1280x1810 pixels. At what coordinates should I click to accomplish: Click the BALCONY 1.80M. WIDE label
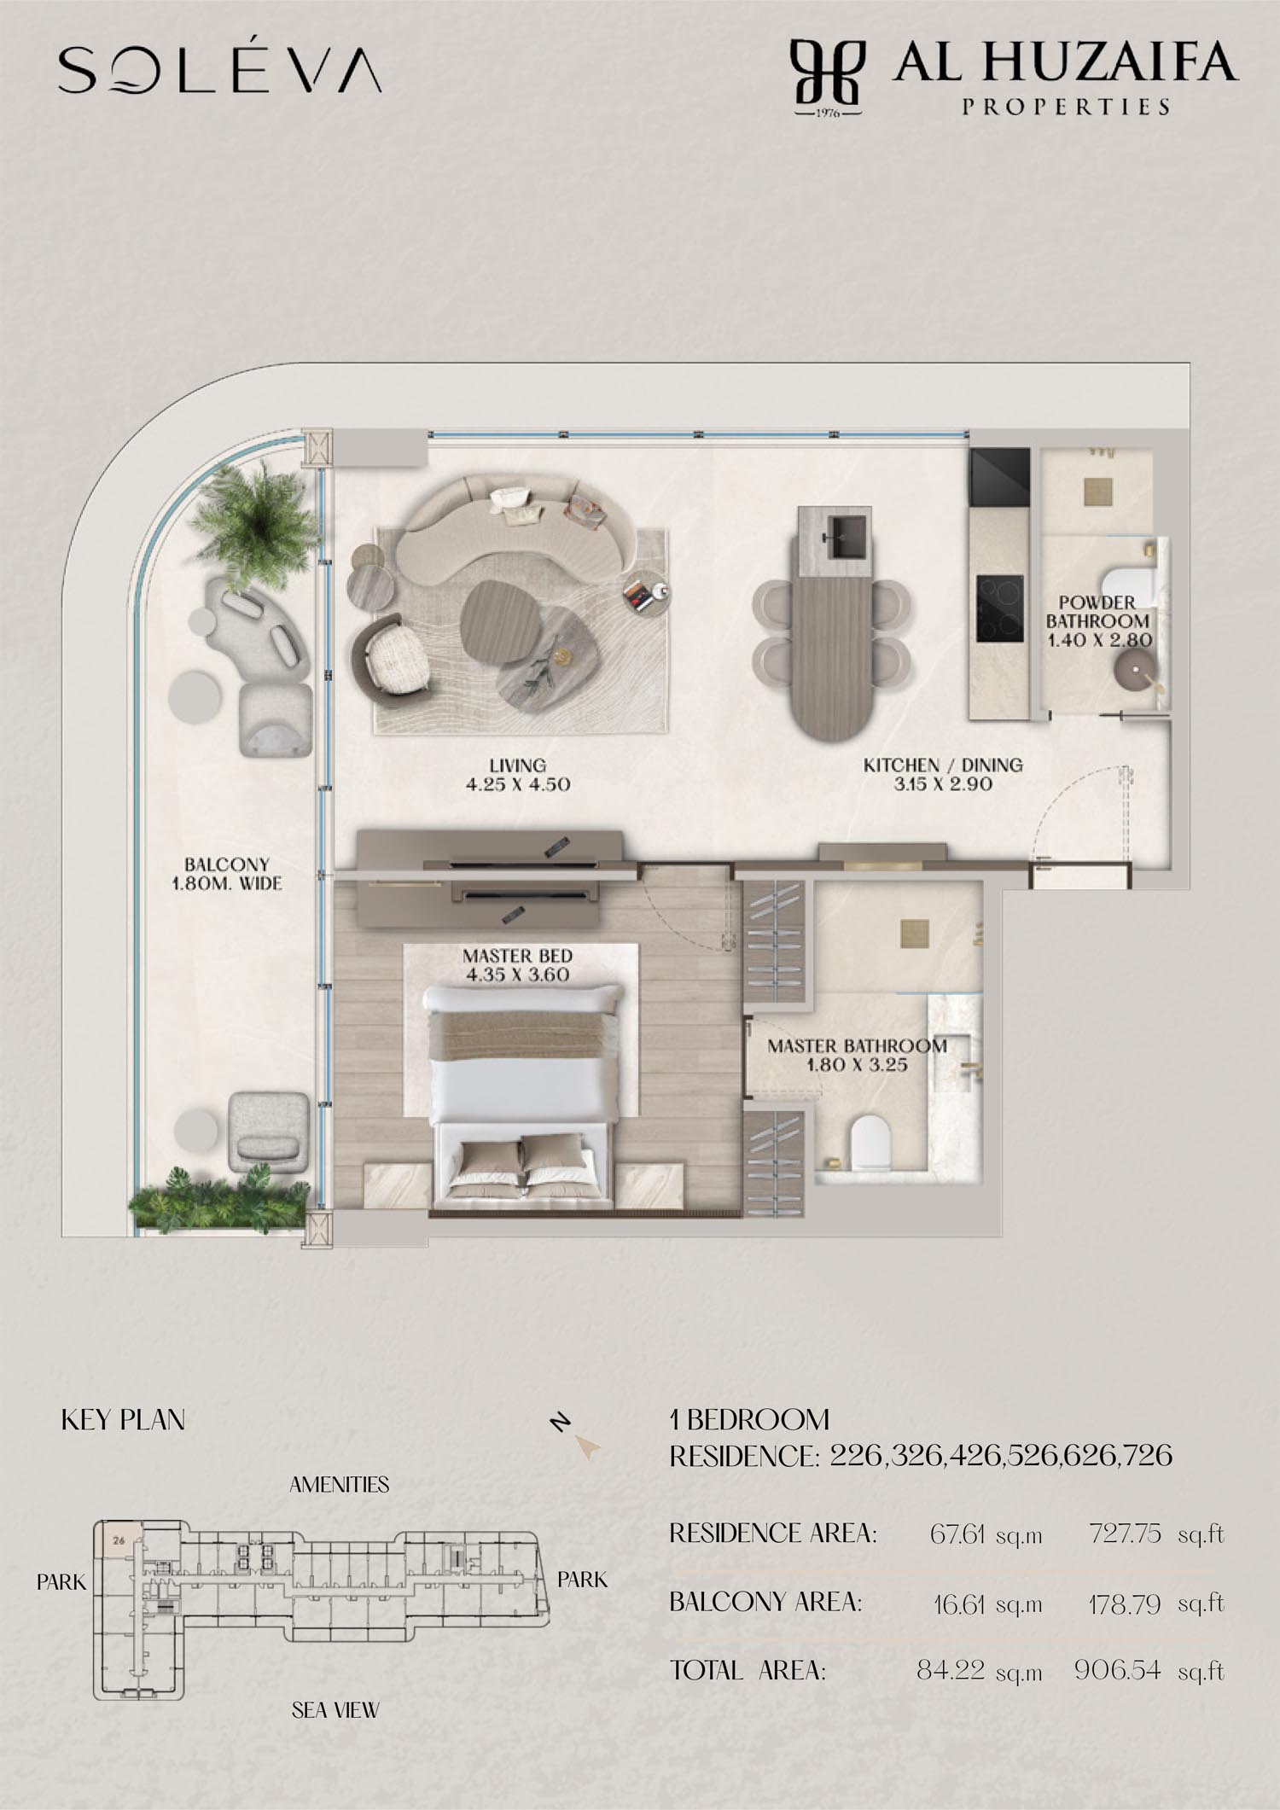click(227, 874)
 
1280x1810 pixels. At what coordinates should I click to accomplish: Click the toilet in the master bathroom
click(870, 1141)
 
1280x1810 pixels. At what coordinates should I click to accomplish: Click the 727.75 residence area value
click(1125, 1534)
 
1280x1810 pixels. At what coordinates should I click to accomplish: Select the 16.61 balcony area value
click(960, 1604)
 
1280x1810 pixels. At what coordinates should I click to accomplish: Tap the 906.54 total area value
click(1118, 1670)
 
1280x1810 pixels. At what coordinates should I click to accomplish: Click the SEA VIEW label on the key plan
click(335, 1709)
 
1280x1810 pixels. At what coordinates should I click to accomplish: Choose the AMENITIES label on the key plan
click(339, 1485)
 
